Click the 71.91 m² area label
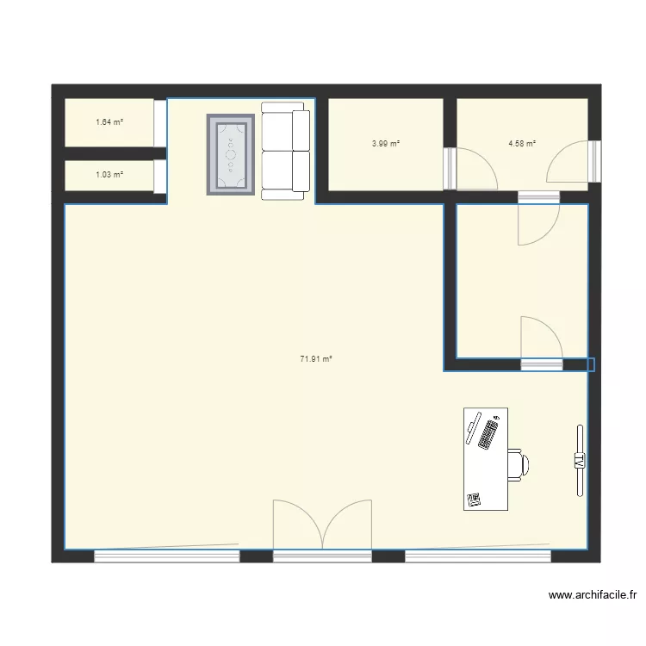pyautogui.click(x=316, y=359)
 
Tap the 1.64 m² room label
pyautogui.click(x=109, y=122)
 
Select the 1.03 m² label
pyautogui.click(x=109, y=175)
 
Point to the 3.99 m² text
pyautogui.click(x=386, y=144)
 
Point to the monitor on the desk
pyautogui.click(x=472, y=429)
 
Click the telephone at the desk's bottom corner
pyautogui.click(x=474, y=499)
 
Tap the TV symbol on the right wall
pyautogui.click(x=580, y=461)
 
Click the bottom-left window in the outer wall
pyautogui.click(x=165, y=556)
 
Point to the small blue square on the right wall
pyautogui.click(x=590, y=365)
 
